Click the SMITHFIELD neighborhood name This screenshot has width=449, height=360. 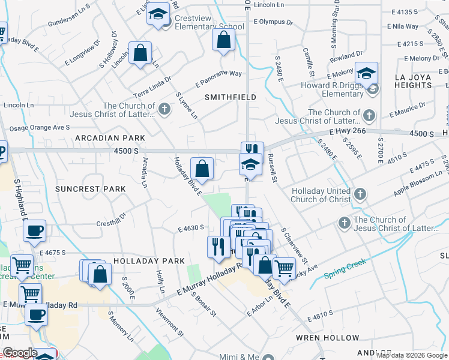coord(231,97)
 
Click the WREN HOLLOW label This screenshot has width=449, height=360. coord(327,338)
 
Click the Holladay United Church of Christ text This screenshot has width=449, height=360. coord(321,195)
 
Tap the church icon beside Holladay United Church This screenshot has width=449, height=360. coord(360,194)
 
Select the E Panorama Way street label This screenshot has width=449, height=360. coord(218,79)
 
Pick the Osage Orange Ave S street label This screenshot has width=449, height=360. coord(37,128)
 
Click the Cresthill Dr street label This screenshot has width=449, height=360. coord(111,220)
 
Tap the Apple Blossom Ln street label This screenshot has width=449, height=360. coord(413,187)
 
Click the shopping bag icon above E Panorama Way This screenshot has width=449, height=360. coord(224,41)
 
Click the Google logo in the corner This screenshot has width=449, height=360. coord(19,353)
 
